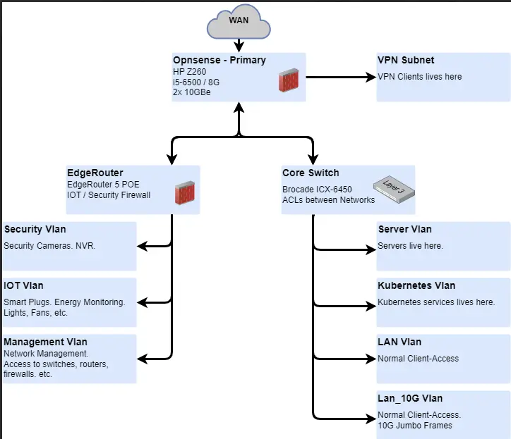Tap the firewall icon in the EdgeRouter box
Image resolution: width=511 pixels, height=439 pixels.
pyautogui.click(x=185, y=193)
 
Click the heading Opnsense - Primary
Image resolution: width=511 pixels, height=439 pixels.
pyautogui.click(x=220, y=60)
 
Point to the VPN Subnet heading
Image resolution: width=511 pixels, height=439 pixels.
pyautogui.click(x=406, y=60)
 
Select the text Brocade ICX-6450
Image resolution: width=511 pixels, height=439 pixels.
pyautogui.click(x=317, y=190)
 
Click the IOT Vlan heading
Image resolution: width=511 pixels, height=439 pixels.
pyautogui.click(x=23, y=285)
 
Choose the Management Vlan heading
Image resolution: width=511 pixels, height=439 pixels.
pyautogui.click(x=45, y=342)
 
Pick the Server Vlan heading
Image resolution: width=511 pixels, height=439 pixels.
pyautogui.click(x=405, y=229)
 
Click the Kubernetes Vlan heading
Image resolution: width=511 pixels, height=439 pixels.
pyautogui.click(x=416, y=285)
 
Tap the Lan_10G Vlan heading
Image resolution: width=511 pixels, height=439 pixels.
pyautogui.click(x=410, y=398)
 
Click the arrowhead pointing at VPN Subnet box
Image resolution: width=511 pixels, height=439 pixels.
pyautogui.click(x=372, y=77)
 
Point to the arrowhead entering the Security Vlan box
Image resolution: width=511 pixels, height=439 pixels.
pyautogui.click(x=142, y=247)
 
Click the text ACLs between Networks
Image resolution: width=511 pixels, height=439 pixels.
pyautogui.click(x=329, y=200)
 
